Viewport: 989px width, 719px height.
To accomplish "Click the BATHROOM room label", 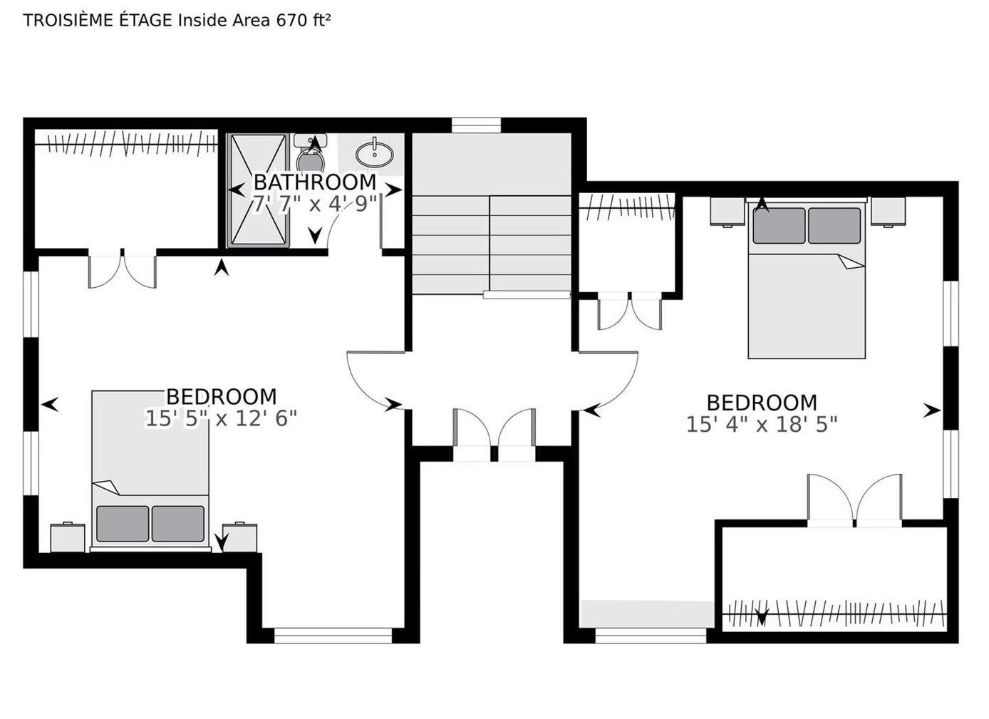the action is (x=315, y=182).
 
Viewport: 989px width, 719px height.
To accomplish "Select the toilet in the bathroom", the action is (x=311, y=152).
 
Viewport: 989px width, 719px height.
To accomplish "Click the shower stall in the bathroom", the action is (x=258, y=190).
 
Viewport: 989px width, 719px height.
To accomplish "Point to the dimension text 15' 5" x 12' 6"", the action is (x=221, y=418).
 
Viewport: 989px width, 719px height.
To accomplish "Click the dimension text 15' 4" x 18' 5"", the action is (x=762, y=425).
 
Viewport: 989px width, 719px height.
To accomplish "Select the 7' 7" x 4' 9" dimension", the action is (x=315, y=204).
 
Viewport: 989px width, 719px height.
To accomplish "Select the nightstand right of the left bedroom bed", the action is (x=239, y=537).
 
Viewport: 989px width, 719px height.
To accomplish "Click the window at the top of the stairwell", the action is (x=476, y=125).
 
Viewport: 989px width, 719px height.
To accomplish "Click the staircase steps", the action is (x=492, y=244).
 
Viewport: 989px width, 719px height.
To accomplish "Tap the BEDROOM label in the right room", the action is (x=762, y=403).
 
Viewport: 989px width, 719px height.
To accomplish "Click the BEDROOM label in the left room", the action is (x=221, y=397).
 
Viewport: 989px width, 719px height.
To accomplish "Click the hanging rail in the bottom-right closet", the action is (x=834, y=614).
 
